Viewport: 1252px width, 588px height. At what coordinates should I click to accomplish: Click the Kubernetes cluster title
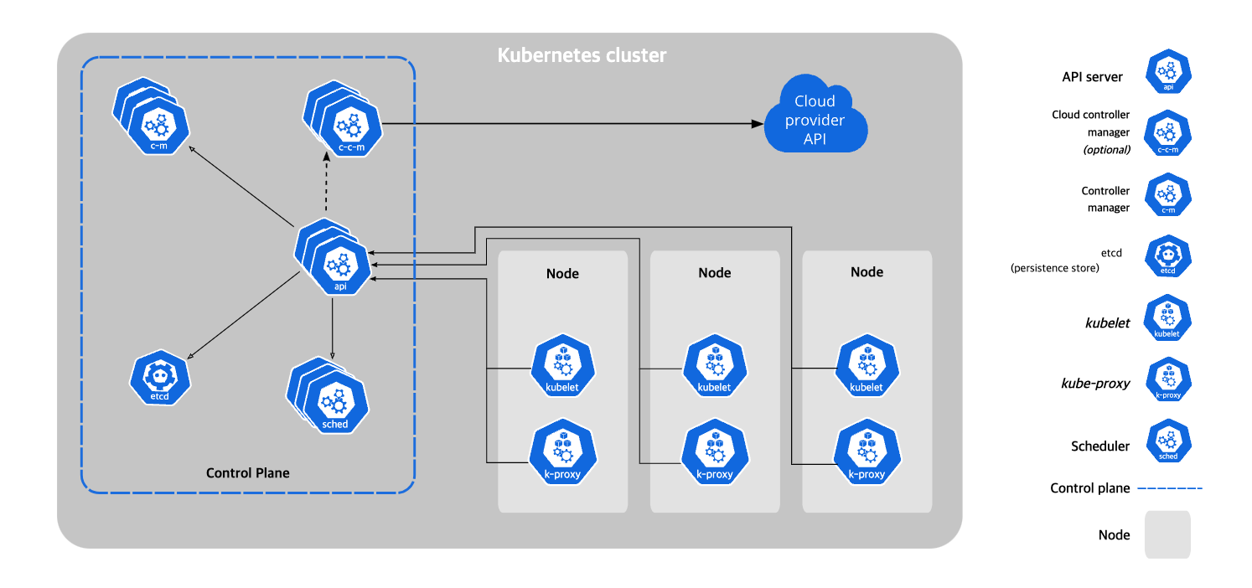(x=582, y=56)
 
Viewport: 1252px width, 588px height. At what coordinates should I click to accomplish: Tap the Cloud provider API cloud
(x=815, y=119)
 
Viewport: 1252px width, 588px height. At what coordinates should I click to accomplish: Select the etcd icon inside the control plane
(x=160, y=378)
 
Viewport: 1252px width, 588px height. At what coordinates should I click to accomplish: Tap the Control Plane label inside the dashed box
(x=247, y=473)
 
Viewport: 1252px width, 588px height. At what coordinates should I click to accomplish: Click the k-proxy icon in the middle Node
(x=715, y=451)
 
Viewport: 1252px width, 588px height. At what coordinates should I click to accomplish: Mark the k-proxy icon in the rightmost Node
(x=867, y=451)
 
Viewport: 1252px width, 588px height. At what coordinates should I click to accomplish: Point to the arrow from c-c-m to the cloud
(x=570, y=125)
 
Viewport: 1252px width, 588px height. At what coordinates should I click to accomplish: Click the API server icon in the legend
(x=1168, y=72)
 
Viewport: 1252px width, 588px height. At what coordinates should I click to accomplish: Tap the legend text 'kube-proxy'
(x=1095, y=384)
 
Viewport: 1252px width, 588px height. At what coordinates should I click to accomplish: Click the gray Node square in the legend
(x=1167, y=534)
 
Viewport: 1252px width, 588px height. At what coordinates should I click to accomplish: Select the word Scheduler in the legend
(x=1100, y=446)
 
